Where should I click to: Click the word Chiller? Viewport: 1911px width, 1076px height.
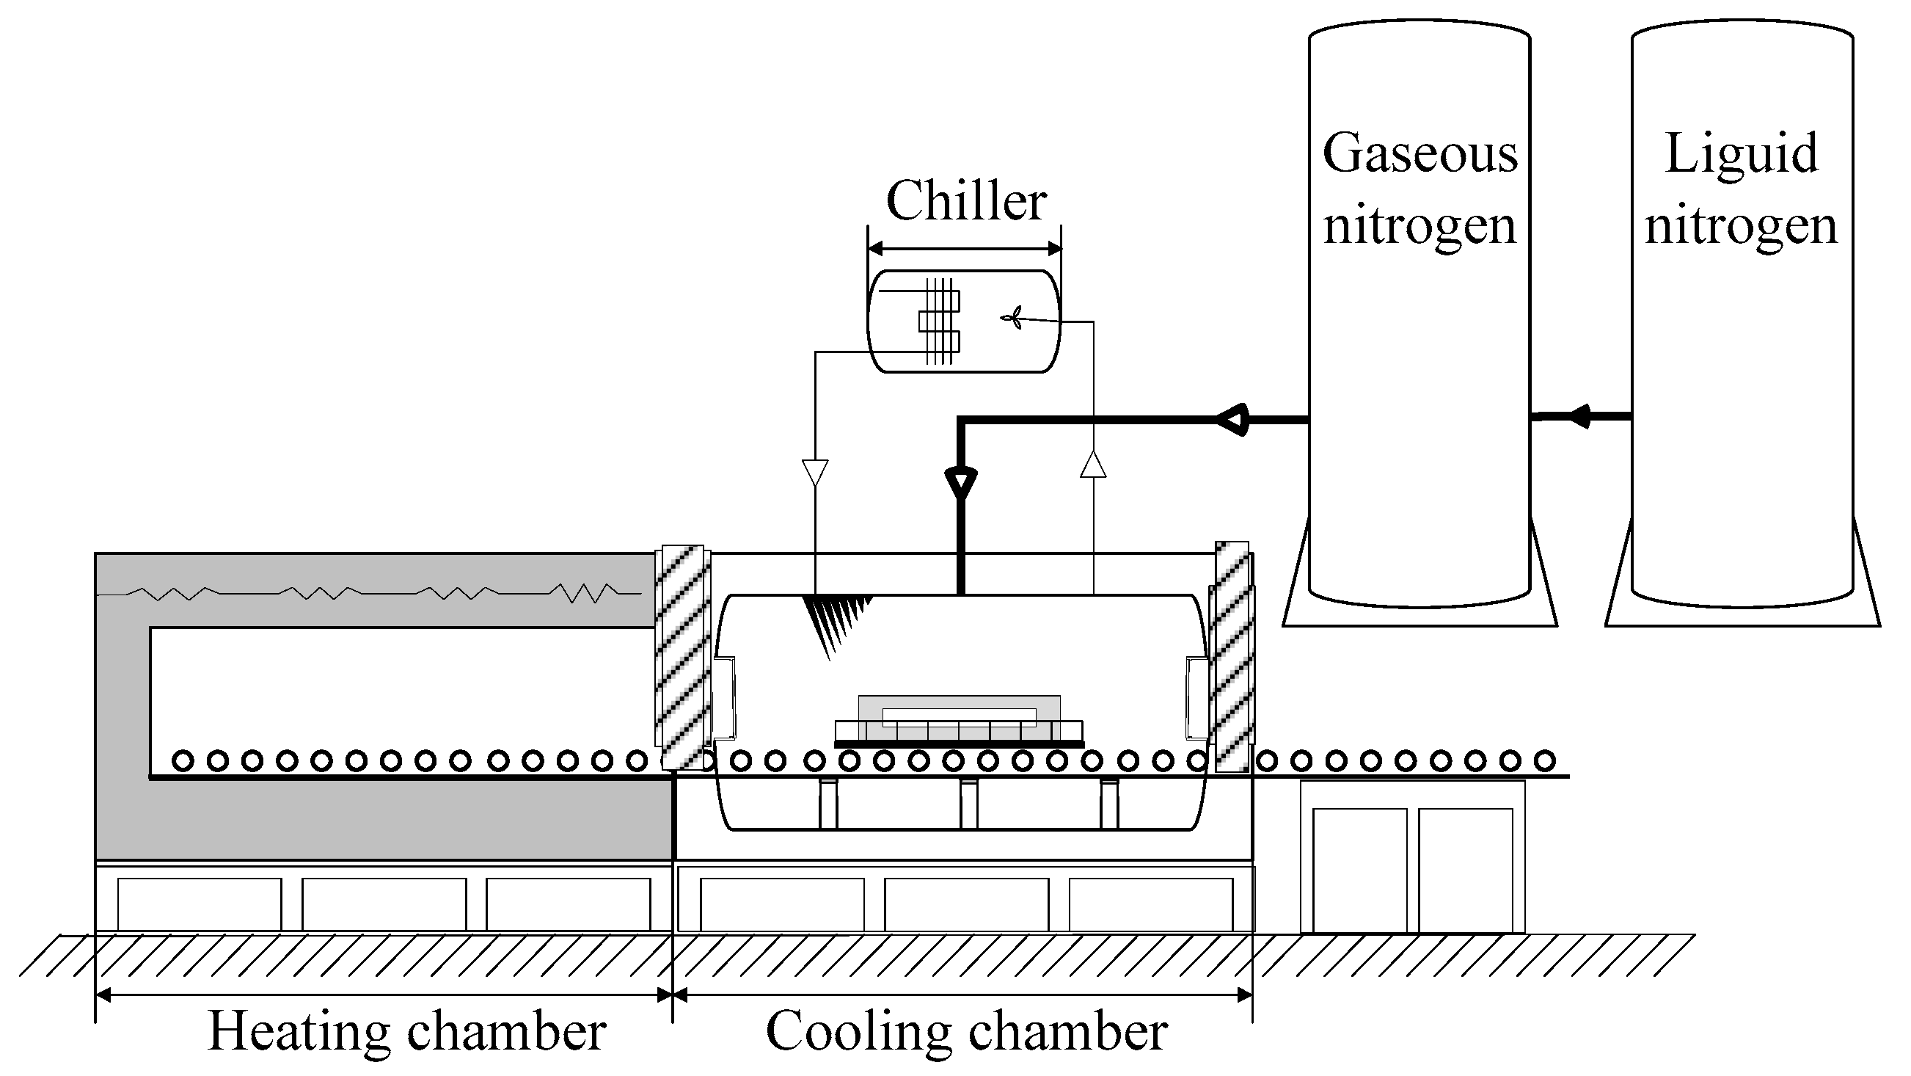(966, 201)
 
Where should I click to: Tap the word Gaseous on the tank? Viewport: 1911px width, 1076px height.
(1420, 154)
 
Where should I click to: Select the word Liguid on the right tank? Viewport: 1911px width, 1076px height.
(1741, 154)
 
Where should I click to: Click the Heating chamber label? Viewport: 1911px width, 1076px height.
(406, 1031)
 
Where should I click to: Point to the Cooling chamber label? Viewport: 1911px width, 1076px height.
(966, 1031)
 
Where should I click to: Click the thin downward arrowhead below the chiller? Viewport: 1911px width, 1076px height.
(815, 472)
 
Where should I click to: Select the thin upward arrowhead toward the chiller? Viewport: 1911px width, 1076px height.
(1094, 465)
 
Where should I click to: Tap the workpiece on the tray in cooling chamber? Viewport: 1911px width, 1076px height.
(960, 717)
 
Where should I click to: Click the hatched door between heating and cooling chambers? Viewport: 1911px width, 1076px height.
(682, 658)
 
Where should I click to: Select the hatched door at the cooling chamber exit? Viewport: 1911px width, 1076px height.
(1232, 658)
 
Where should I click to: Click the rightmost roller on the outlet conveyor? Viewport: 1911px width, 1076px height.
(1545, 760)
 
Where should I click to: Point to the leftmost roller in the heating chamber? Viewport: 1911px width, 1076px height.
(183, 760)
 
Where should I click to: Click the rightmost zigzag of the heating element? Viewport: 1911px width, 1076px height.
(586, 592)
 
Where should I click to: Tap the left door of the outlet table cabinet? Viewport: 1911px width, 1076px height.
(1359, 870)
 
